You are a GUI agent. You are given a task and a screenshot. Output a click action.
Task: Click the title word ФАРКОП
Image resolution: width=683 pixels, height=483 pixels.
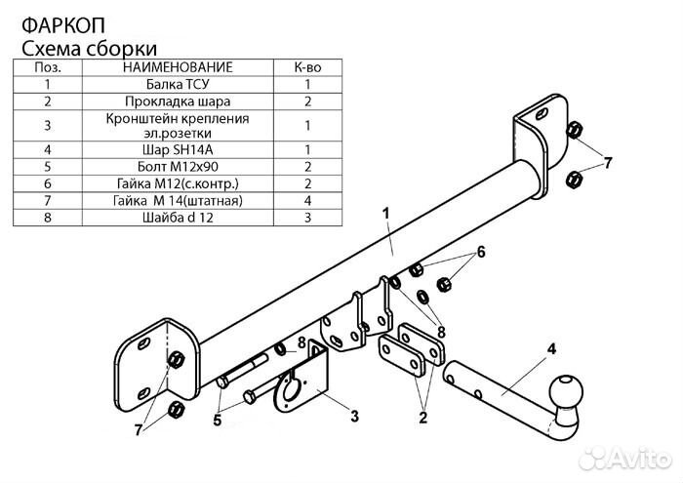63,25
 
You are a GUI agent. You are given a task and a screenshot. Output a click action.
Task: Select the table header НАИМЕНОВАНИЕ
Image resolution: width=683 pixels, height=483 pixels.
178,67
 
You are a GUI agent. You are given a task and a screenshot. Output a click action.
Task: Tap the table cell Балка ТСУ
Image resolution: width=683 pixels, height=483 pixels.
178,84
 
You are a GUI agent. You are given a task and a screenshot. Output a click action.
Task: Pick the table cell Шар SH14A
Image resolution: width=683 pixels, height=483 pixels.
178,150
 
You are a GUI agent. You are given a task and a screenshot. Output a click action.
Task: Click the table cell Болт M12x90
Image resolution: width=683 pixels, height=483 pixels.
178,167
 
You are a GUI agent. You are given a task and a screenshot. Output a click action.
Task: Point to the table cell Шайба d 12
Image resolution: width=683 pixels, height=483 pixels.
178,218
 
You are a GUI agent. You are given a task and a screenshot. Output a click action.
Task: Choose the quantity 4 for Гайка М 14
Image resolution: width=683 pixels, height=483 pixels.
307,201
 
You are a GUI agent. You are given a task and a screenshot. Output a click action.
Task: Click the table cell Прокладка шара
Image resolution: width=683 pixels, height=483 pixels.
178,101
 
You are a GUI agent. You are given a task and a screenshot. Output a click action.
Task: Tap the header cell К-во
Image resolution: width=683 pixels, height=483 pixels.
307,67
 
